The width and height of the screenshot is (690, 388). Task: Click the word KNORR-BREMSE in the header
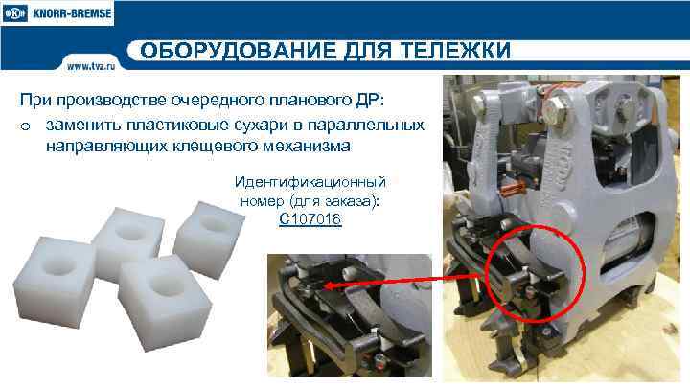click(x=71, y=16)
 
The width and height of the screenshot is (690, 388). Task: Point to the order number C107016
click(x=310, y=219)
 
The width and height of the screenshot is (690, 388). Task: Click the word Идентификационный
click(x=310, y=181)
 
